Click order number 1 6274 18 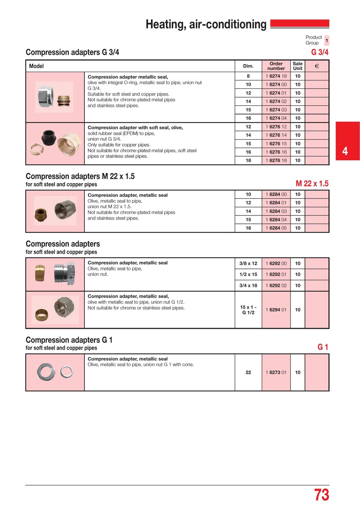(x=276, y=76)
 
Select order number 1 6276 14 (x=276, y=135)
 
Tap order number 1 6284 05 (x=276, y=228)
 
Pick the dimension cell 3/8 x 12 (x=248, y=263)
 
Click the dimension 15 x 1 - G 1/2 (x=248, y=310)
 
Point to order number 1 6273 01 (x=276, y=372)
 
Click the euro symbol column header (x=317, y=66)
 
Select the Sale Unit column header (x=298, y=66)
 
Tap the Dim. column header (x=248, y=66)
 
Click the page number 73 (x=321, y=495)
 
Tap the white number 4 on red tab (x=345, y=151)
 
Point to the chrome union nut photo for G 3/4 (x=46, y=96)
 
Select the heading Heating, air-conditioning (x=206, y=25)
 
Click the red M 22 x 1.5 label (x=312, y=184)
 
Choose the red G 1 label (x=323, y=347)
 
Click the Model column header (x=36, y=66)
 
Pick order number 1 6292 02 (x=276, y=286)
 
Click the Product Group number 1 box (x=326, y=40)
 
